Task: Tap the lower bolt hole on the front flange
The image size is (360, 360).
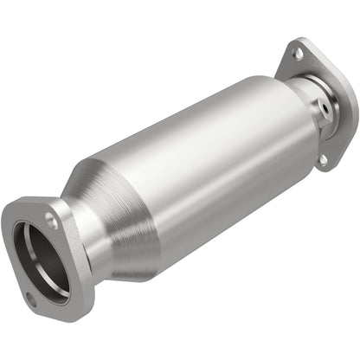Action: (32, 300)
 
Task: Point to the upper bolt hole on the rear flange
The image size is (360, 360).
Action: (297, 54)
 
